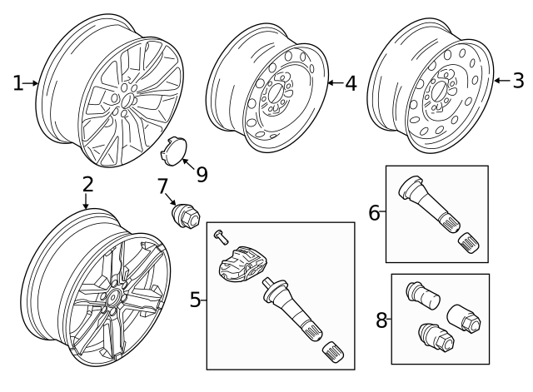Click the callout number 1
(17, 82)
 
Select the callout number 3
(518, 81)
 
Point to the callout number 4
(351, 82)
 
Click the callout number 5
(195, 299)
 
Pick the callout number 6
(374, 212)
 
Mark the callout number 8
(381, 320)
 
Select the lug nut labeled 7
(183, 215)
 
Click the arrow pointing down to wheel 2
(86, 203)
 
